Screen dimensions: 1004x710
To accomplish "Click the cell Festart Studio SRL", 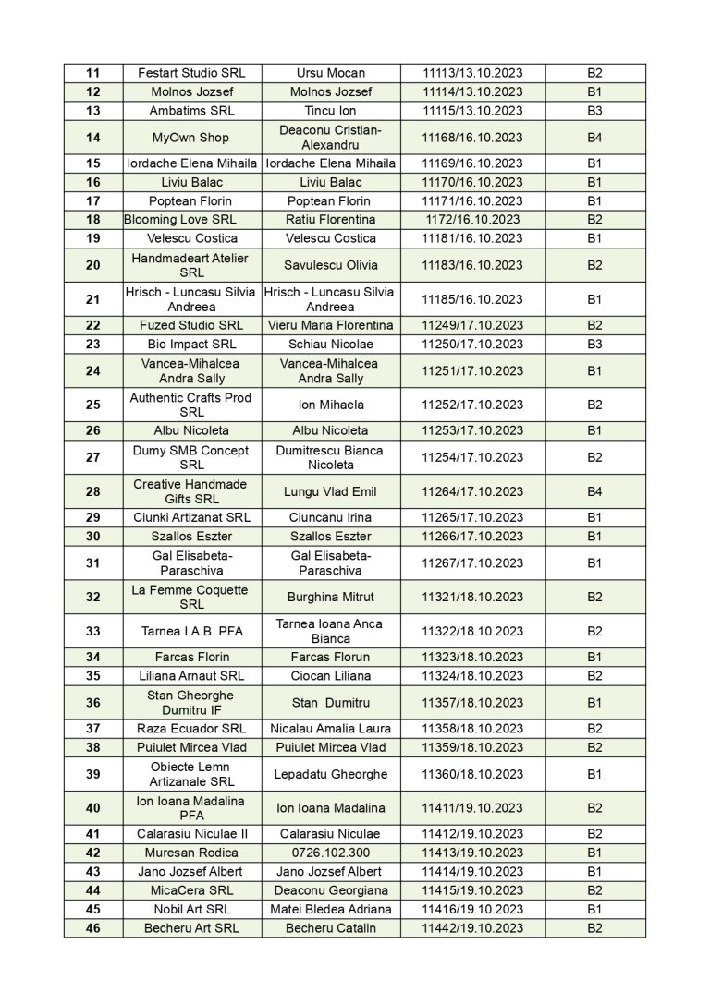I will (x=191, y=73).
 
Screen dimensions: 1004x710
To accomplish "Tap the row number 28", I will (x=93, y=491).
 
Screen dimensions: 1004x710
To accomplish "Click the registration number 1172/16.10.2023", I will (x=472, y=220).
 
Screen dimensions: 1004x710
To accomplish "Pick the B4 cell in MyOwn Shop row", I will (x=594, y=137).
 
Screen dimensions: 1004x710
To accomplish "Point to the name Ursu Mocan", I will (x=330, y=73).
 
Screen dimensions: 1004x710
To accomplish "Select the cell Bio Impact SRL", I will (x=191, y=344).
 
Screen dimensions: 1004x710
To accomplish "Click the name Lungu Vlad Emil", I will (x=330, y=491).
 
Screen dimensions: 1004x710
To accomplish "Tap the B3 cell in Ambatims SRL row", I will (x=594, y=111).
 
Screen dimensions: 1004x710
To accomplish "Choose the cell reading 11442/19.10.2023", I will (x=472, y=928).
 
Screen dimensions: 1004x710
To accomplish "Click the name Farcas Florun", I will (x=330, y=657).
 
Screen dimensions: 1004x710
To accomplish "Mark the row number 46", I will (x=93, y=928).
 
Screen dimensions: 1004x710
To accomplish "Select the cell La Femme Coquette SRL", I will (x=191, y=597).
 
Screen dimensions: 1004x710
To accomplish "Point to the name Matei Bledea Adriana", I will (x=330, y=909).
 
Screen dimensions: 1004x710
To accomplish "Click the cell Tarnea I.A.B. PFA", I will (x=191, y=631).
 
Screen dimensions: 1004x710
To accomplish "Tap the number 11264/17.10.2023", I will (x=472, y=491).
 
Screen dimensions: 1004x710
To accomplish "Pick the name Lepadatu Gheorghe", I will (x=330, y=774).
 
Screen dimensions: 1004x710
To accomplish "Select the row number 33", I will (x=93, y=631).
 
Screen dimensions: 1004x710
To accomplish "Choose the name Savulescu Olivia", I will (x=330, y=265).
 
